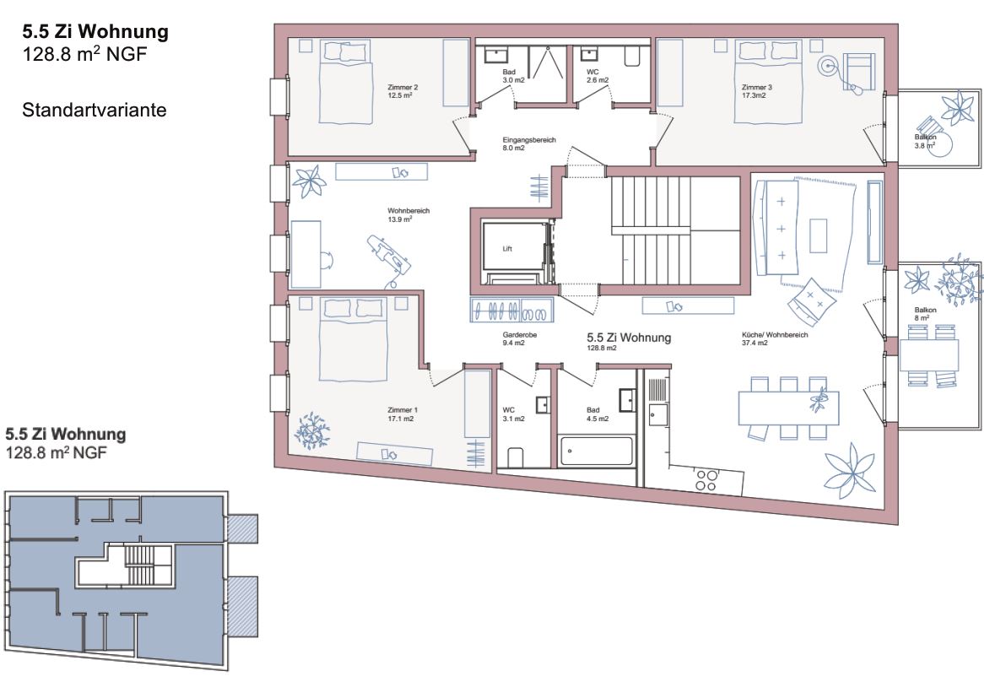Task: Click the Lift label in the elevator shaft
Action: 507,249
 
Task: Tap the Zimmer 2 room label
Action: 403,92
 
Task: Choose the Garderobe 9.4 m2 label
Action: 519,338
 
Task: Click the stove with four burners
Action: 706,480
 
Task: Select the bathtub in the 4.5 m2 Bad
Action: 596,451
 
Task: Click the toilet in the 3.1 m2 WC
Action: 516,458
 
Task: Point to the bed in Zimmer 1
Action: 353,339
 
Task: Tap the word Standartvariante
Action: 95,110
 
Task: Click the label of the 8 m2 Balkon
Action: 925,314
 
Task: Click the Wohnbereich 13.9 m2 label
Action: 408,215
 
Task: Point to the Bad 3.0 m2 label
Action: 513,76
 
